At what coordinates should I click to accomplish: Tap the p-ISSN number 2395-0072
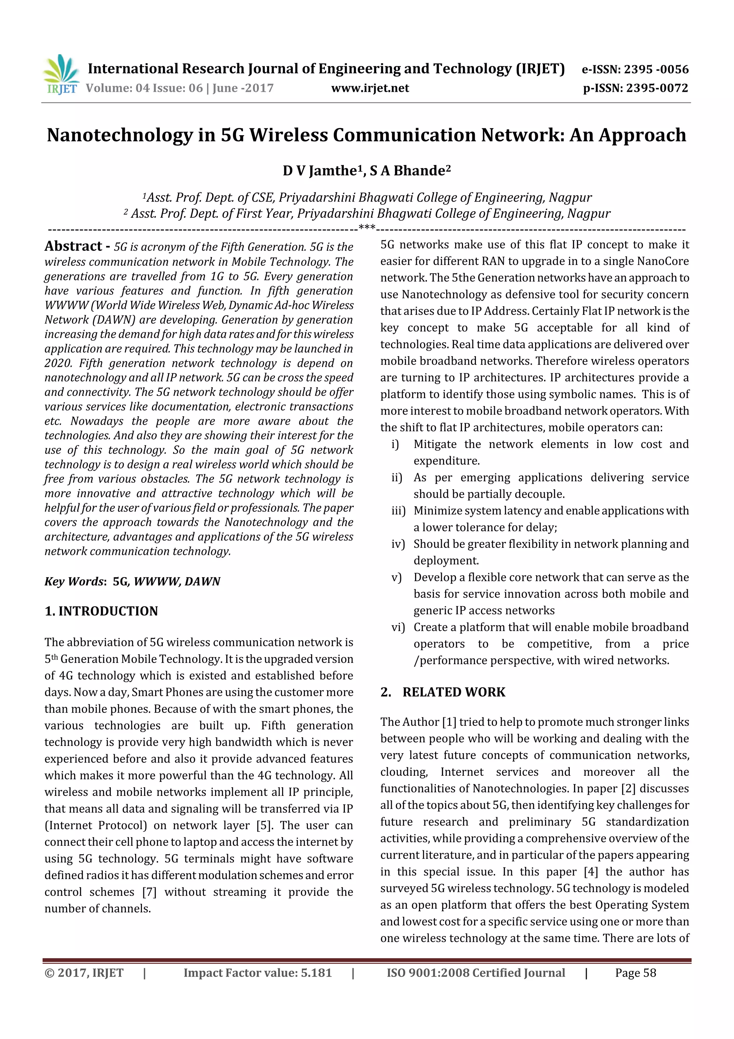pos(657,88)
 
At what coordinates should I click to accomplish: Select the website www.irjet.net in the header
pos(370,88)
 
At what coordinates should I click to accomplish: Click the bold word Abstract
pos(73,246)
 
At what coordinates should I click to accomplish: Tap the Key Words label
pos(74,581)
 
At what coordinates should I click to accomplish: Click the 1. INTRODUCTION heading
pos(101,611)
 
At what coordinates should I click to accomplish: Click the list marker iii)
pos(398,511)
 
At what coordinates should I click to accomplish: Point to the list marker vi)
pos(398,628)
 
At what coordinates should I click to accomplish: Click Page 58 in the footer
pos(635,973)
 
